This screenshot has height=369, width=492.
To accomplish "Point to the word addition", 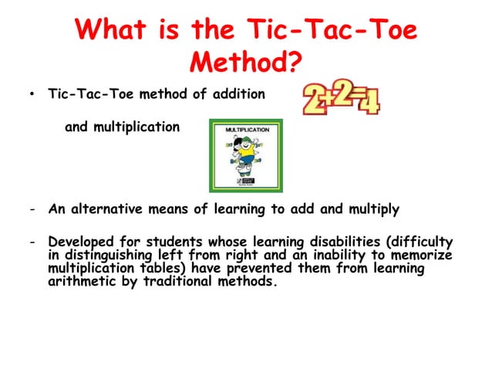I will pyautogui.click(x=238, y=94).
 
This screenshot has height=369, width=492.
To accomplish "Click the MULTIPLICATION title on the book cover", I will pyautogui.click(x=246, y=130).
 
